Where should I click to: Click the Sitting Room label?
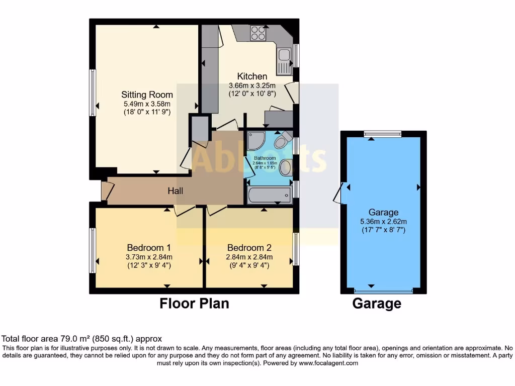coord(147,94)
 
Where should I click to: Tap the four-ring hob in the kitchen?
coord(258,33)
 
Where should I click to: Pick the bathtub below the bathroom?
coord(269,195)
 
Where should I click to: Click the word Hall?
coord(176,191)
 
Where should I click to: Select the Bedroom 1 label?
coord(148,247)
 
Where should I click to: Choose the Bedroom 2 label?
coord(249,247)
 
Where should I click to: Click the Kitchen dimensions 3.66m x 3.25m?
coord(252,85)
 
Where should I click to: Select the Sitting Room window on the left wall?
coord(93,93)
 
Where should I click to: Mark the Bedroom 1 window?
coord(93,250)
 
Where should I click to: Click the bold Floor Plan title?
coord(194,304)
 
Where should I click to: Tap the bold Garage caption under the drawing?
coord(377,304)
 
